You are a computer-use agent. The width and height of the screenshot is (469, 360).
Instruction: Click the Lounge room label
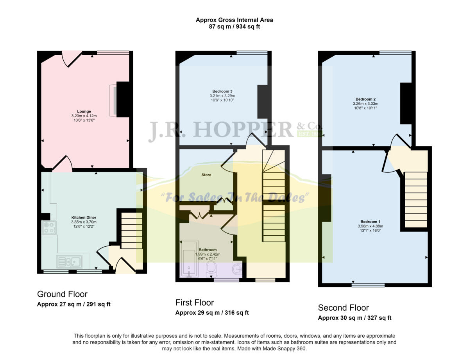tap(84, 111)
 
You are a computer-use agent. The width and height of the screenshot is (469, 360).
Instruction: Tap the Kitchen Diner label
tap(84, 217)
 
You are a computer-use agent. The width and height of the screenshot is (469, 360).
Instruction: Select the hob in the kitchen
tap(49, 227)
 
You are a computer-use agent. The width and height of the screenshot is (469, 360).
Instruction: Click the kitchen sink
tap(69, 261)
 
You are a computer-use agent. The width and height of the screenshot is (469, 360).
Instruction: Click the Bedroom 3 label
tap(222, 91)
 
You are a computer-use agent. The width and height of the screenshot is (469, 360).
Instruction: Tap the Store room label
tap(206, 175)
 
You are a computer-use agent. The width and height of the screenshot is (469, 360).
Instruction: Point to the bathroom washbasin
tap(237, 270)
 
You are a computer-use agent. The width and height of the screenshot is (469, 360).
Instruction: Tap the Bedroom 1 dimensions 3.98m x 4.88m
tap(370, 226)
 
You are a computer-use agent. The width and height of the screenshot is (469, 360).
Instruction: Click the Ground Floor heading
tap(62, 294)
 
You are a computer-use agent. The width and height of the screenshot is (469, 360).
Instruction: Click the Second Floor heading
tap(343, 308)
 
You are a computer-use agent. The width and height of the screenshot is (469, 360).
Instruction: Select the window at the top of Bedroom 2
tap(395, 53)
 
